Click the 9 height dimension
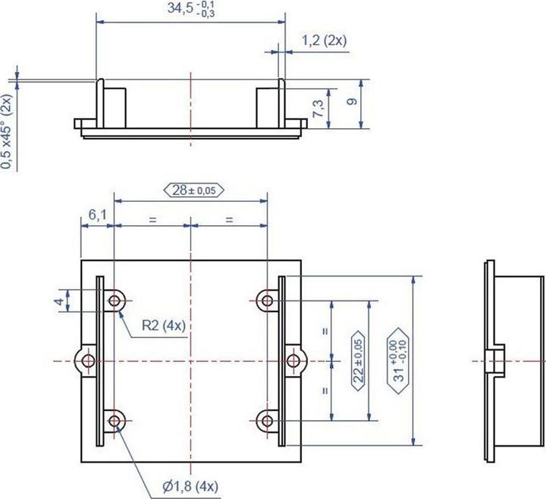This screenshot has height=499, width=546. (x=350, y=102)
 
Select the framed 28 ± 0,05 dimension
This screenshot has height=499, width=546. (x=192, y=190)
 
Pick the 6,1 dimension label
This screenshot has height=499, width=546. (x=97, y=215)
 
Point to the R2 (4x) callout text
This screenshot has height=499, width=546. (x=165, y=326)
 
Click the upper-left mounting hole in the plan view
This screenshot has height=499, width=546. (x=115, y=301)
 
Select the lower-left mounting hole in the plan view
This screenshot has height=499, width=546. (x=115, y=419)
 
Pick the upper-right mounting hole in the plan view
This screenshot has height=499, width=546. (x=267, y=301)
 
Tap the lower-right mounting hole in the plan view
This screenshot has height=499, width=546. (x=267, y=419)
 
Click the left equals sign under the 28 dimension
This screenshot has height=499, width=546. (x=152, y=220)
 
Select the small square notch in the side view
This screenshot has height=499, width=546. (x=497, y=359)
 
